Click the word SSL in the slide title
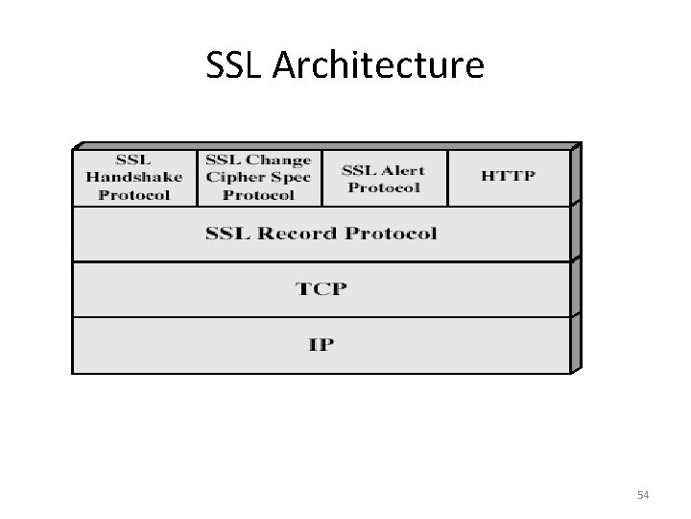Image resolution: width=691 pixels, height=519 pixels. [x=231, y=66]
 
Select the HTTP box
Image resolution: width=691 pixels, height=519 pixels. [x=508, y=176]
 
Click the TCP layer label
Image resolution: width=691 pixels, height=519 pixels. [x=321, y=288]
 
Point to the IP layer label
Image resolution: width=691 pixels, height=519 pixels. [x=321, y=344]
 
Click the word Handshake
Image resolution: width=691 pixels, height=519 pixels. [x=134, y=177]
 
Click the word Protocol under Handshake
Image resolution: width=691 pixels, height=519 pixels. [x=134, y=193]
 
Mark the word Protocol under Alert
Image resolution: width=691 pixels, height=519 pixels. [x=384, y=186]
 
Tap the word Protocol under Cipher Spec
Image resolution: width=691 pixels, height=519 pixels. [x=258, y=193]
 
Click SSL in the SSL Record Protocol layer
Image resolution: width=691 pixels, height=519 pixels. [x=226, y=233]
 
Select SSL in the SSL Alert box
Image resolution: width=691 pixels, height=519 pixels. [x=359, y=169]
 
